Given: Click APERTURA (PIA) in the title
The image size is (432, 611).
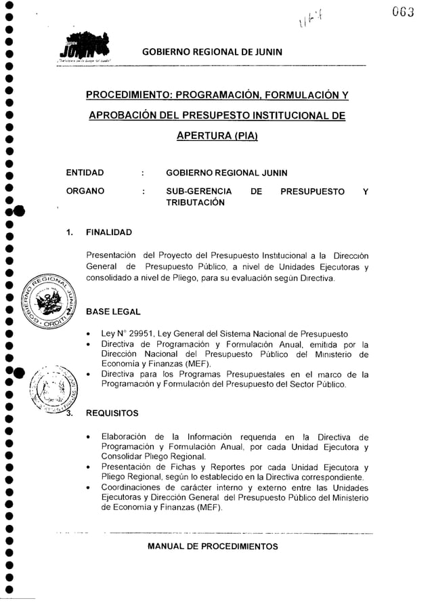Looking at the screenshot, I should pyautogui.click(x=213, y=135).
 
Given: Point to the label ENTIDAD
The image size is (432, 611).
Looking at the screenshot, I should pyautogui.click(x=85, y=173).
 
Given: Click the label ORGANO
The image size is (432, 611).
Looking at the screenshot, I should pyautogui.click(x=85, y=192).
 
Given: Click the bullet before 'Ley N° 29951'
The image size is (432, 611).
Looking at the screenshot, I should pyautogui.click(x=88, y=334).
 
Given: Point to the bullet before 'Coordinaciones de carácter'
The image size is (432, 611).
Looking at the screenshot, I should pyautogui.click(x=88, y=486).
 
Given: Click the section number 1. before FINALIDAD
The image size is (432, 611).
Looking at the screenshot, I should pyautogui.click(x=70, y=233).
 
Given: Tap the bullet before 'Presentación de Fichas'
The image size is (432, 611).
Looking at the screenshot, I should pyautogui.click(x=88, y=467).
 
